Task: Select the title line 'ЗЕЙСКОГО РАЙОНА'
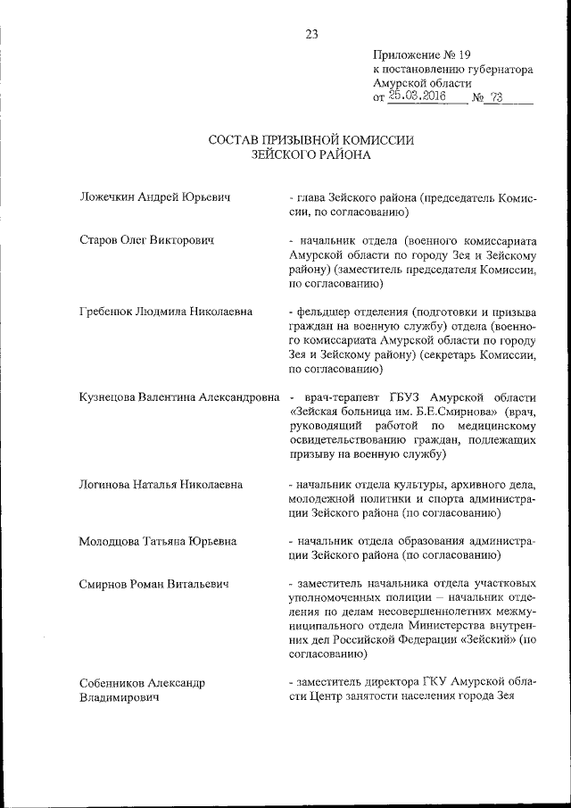(311, 154)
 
